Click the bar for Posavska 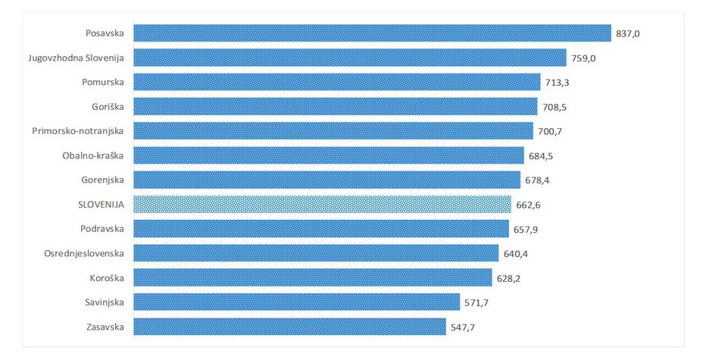[372, 33]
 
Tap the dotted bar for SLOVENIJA [323, 205]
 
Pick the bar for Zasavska [289, 327]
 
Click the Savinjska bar [296, 302]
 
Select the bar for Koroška [313, 278]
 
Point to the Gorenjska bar [326, 180]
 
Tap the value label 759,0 [585, 58]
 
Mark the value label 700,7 [549, 132]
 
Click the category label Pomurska [101, 82]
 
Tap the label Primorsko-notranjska [78, 131]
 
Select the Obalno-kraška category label [93, 155]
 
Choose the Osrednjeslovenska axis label [84, 253]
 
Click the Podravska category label [101, 229]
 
